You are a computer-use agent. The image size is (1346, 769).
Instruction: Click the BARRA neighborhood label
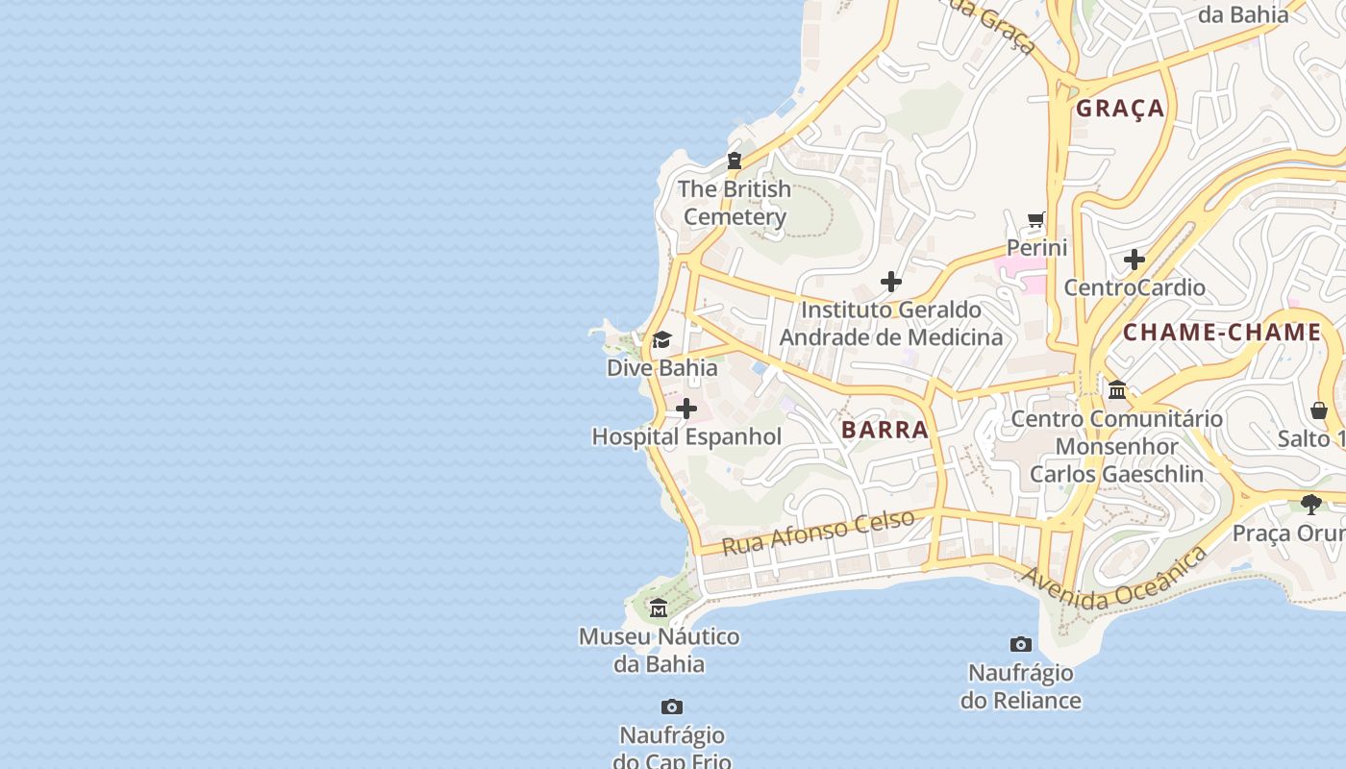pyautogui.click(x=885, y=430)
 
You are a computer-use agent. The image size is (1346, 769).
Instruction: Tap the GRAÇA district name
pyautogui.click(x=1120, y=109)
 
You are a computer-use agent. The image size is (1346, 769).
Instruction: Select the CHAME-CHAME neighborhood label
pyautogui.click(x=1222, y=333)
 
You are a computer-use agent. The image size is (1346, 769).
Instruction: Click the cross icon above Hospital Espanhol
pyautogui.click(x=686, y=409)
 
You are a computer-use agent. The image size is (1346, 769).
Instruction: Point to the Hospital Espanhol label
pyautogui.click(x=686, y=436)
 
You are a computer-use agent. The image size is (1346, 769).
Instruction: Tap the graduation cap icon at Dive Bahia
pyautogui.click(x=661, y=340)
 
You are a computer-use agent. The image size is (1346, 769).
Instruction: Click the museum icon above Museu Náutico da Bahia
pyautogui.click(x=659, y=608)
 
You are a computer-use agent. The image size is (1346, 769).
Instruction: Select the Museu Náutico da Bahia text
pyautogui.click(x=659, y=650)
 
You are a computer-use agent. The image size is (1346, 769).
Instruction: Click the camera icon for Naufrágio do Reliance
pyautogui.click(x=1021, y=644)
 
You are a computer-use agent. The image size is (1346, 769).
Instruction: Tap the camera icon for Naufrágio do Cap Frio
pyautogui.click(x=672, y=707)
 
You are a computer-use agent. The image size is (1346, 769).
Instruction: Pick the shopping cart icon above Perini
pyautogui.click(x=1036, y=220)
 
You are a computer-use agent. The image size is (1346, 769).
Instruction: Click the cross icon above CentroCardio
pyautogui.click(x=1134, y=260)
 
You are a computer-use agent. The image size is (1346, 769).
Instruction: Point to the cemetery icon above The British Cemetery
pyautogui.click(x=735, y=161)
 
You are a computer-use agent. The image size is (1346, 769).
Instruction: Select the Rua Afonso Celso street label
pyautogui.click(x=818, y=532)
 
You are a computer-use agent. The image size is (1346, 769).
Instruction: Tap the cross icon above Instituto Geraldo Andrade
pyautogui.click(x=891, y=282)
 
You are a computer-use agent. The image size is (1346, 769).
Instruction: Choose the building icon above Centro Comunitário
pyautogui.click(x=1117, y=390)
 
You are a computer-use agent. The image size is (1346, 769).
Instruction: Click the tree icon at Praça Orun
pyautogui.click(x=1310, y=505)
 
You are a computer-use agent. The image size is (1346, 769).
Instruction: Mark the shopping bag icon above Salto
pyautogui.click(x=1319, y=410)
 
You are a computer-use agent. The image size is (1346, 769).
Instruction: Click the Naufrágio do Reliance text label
pyautogui.click(x=1020, y=686)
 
